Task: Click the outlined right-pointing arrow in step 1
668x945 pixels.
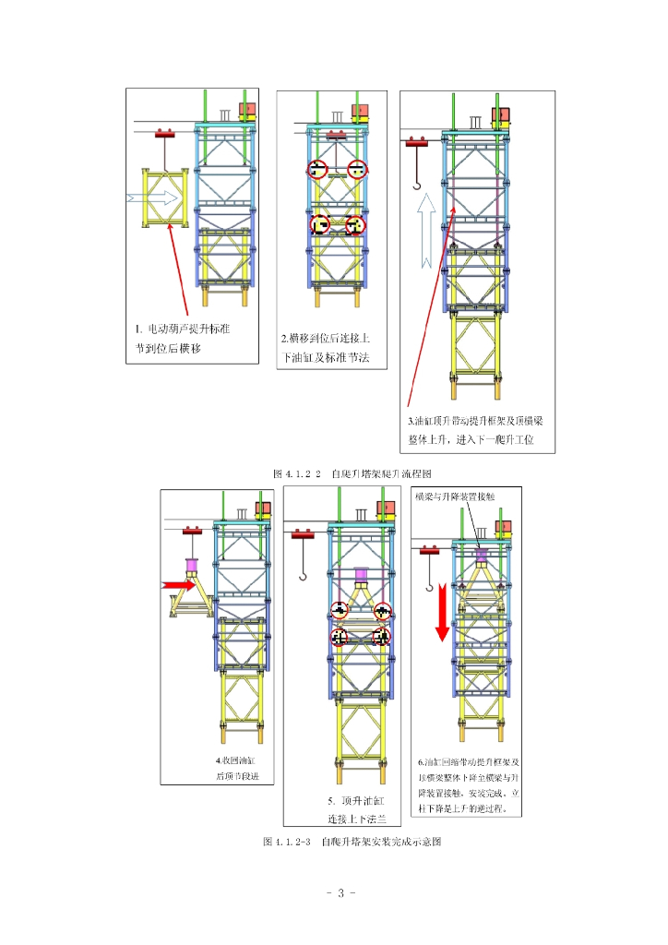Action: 153,197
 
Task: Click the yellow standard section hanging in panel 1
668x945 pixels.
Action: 164,197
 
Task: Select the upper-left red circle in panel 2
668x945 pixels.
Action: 318,169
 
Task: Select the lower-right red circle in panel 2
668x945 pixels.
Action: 355,224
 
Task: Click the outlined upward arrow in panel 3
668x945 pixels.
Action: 423,235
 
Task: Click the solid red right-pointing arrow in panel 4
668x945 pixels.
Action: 177,584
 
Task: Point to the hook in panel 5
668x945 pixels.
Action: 303,574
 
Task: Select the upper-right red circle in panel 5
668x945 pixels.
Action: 382,611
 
